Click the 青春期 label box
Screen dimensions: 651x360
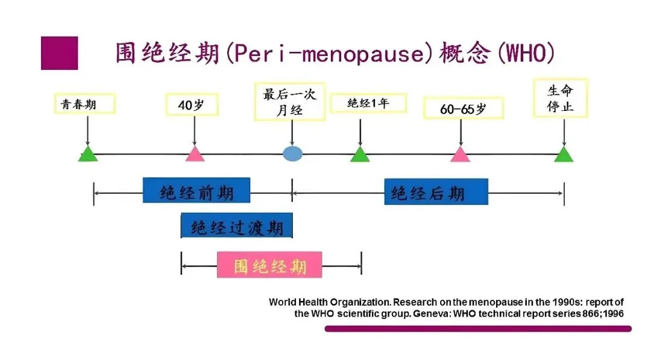85,104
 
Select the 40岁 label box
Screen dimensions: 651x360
192,105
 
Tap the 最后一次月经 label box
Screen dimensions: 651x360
290,102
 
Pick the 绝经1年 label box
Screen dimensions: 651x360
368,103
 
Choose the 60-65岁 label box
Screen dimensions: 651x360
464,109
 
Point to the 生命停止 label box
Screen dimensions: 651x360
561,98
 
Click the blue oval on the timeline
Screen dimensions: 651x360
293,154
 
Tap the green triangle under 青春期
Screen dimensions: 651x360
88,154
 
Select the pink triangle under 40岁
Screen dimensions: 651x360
195,154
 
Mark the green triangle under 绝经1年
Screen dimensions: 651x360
360,154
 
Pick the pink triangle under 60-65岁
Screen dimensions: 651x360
461,154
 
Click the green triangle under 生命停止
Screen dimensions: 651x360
564,154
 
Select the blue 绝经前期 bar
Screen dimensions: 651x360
197,190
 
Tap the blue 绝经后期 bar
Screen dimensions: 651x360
436,191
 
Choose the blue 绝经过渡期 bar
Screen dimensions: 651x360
237,226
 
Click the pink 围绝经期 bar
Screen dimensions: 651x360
269,265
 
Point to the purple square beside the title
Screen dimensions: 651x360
59,53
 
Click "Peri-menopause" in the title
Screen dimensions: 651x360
330,54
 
